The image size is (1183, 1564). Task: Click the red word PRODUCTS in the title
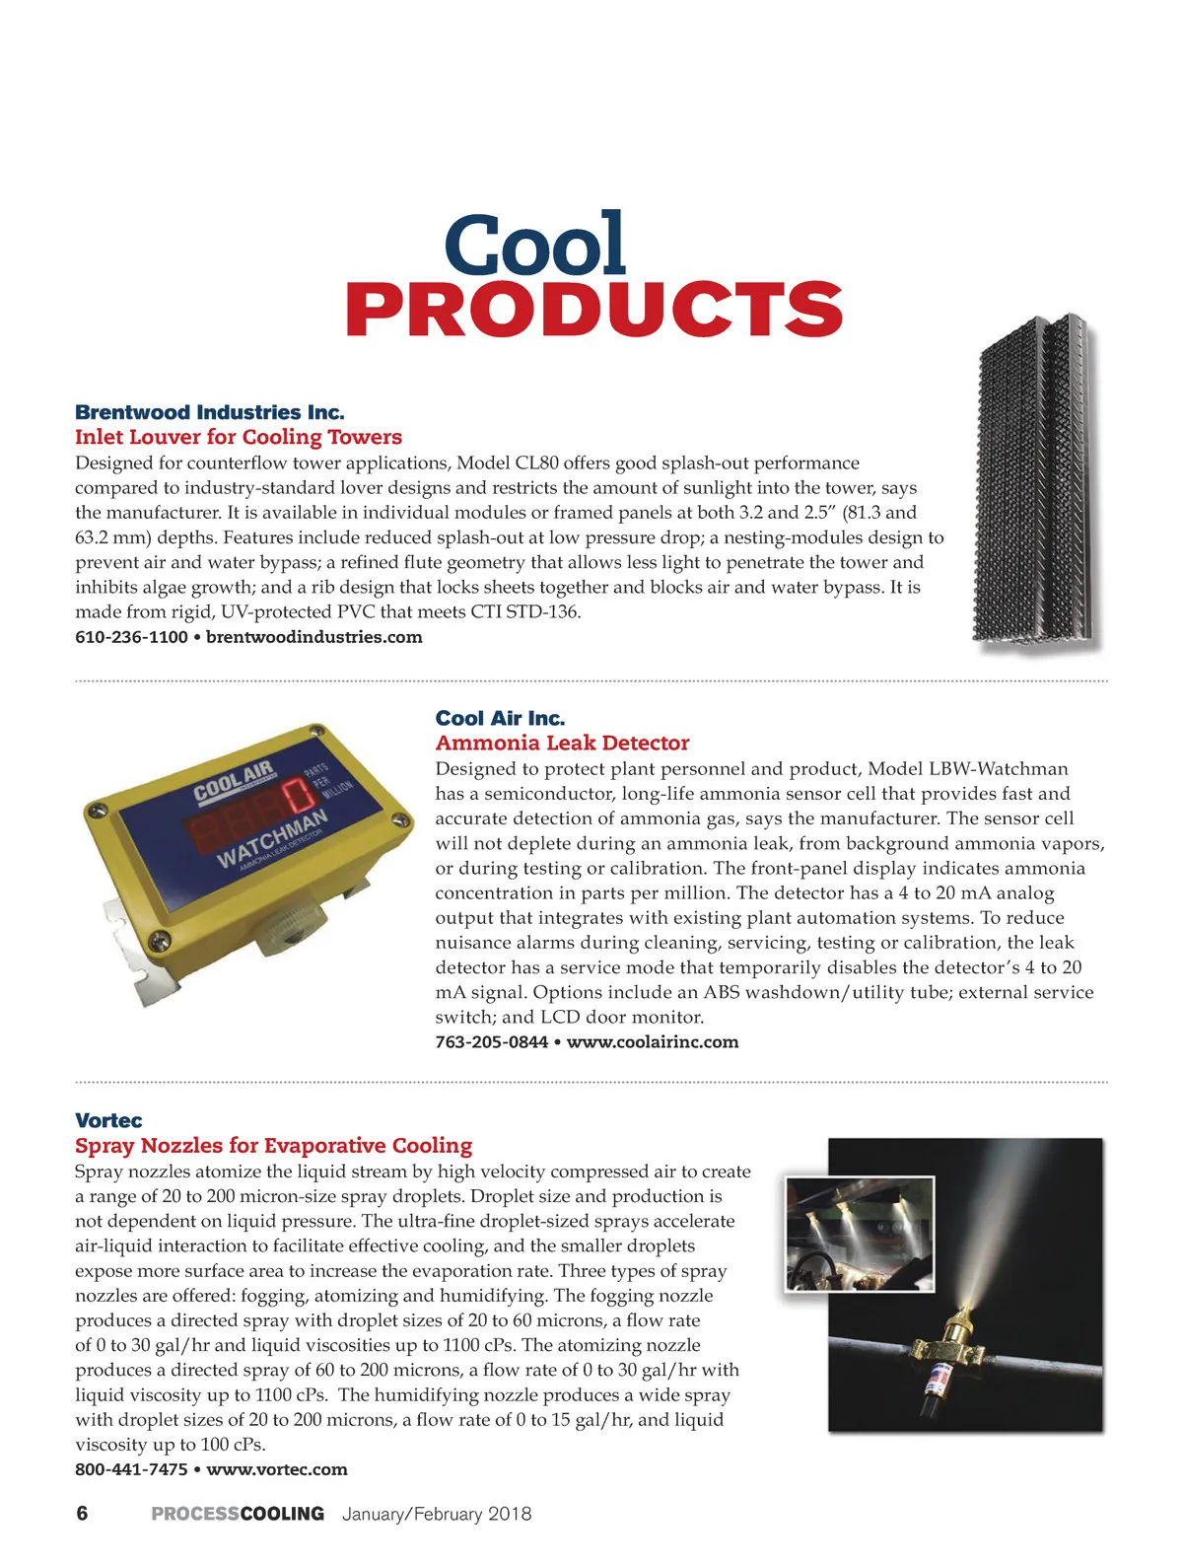[593, 309]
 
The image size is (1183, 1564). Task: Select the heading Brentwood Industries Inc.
[210, 412]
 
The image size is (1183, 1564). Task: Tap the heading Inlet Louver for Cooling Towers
[239, 437]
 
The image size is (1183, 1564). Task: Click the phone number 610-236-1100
[131, 637]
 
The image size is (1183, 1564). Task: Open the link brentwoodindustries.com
[314, 637]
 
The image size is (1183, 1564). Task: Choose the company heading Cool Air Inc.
[500, 718]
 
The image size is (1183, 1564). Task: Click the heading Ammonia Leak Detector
[562, 743]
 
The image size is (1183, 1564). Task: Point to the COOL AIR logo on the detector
[235, 782]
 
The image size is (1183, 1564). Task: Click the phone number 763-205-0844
[491, 1042]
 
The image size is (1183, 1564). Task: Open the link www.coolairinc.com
[653, 1042]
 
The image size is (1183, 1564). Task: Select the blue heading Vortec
[108, 1120]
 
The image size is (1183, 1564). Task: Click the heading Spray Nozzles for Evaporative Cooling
[274, 1145]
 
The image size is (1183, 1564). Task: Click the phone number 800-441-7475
[131, 1469]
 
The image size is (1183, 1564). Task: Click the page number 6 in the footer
[82, 1514]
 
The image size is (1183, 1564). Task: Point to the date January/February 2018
[437, 1514]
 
